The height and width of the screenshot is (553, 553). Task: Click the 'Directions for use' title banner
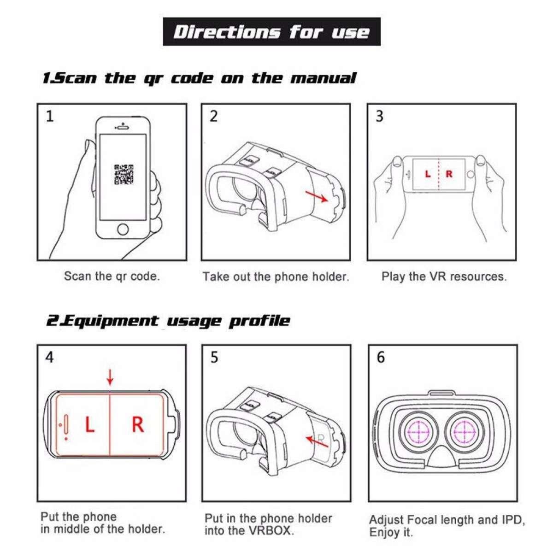pyautogui.click(x=272, y=32)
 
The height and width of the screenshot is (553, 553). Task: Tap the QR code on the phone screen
pyautogui.click(x=124, y=174)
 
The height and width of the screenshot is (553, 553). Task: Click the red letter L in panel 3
pyautogui.click(x=428, y=174)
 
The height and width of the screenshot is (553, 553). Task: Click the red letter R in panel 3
pyautogui.click(x=449, y=174)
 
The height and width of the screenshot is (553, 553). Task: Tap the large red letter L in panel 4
pyautogui.click(x=89, y=424)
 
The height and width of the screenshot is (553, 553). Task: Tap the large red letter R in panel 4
pyautogui.click(x=137, y=424)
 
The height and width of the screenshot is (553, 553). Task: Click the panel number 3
pyautogui.click(x=379, y=116)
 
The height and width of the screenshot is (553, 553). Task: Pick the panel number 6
pyautogui.click(x=381, y=357)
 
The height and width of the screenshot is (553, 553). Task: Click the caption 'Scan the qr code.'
pyautogui.click(x=112, y=276)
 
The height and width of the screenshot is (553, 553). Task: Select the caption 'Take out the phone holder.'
pyautogui.click(x=276, y=277)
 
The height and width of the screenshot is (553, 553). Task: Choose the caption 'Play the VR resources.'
pyautogui.click(x=443, y=276)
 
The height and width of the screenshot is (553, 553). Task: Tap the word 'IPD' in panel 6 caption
pyautogui.click(x=512, y=520)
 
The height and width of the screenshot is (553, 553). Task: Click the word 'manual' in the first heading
pyautogui.click(x=323, y=78)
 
